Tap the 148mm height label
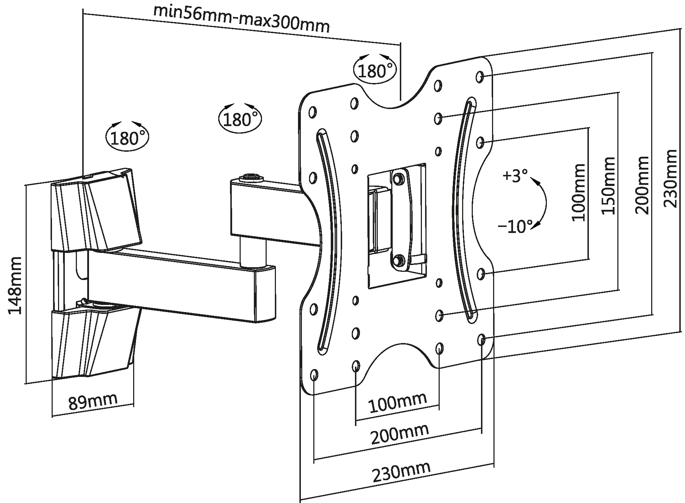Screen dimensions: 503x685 pyautogui.click(x=15, y=285)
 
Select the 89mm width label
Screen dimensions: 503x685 pyautogui.click(x=93, y=401)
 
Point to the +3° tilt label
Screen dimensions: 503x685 pyautogui.click(x=515, y=176)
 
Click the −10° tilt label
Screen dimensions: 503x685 pyautogui.click(x=515, y=226)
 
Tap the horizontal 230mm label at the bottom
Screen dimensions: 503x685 pyautogui.click(x=401, y=471)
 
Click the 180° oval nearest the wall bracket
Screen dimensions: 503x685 pyautogui.click(x=127, y=137)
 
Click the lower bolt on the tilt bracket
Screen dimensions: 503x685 pyautogui.click(x=399, y=260)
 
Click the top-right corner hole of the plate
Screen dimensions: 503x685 pyautogui.click(x=480, y=76)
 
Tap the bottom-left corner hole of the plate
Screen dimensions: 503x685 pyautogui.click(x=314, y=374)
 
